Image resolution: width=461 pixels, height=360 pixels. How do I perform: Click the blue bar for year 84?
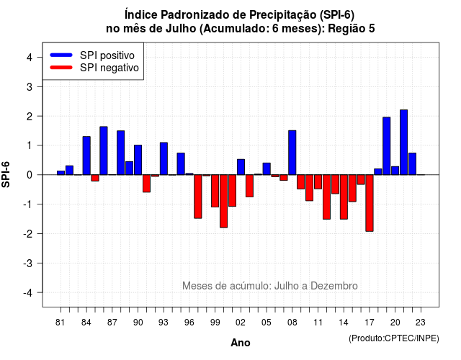[x=86, y=156]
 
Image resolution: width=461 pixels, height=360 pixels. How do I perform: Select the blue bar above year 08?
[x=292, y=153]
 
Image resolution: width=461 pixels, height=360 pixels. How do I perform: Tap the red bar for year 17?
[x=370, y=203]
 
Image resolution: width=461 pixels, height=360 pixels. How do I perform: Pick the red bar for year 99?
[x=215, y=191]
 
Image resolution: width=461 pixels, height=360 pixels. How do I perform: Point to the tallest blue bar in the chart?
[x=403, y=143]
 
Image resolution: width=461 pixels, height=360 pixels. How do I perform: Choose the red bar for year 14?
[x=344, y=197]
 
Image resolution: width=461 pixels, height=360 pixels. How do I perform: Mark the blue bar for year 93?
[x=164, y=158]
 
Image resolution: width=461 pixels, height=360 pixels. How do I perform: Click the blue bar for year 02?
[x=241, y=167]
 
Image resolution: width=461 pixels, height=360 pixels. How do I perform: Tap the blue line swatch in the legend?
[x=61, y=55]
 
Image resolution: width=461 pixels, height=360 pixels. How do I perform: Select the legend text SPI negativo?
[x=109, y=68]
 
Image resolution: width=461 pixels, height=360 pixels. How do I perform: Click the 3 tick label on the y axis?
[x=30, y=86]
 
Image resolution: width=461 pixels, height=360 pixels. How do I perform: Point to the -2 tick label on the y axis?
[x=28, y=234]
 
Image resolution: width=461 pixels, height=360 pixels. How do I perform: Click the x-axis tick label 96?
[x=189, y=323]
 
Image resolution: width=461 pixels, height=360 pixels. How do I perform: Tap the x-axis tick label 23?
[x=421, y=323]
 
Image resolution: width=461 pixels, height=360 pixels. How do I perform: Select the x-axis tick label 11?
[x=318, y=323]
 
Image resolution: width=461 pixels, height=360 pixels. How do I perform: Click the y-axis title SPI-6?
[x=6, y=174]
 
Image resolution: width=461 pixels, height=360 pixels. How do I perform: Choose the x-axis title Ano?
[x=241, y=343]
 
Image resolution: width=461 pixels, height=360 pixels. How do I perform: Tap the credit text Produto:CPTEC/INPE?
[x=394, y=338]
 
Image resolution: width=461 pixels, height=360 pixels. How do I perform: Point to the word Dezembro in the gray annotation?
[x=334, y=286]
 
